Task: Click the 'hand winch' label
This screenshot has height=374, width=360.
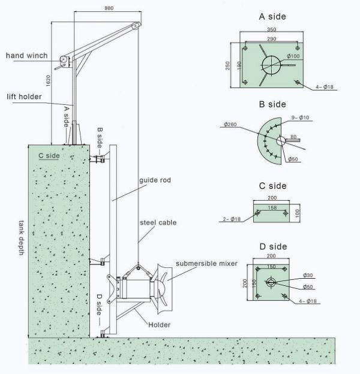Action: [x=23, y=55]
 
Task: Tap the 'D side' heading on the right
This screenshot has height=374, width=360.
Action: [x=273, y=246]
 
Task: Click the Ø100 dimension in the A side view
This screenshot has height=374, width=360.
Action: [x=293, y=56]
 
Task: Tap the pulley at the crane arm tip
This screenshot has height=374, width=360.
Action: [x=136, y=25]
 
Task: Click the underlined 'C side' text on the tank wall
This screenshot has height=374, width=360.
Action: [x=49, y=155]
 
